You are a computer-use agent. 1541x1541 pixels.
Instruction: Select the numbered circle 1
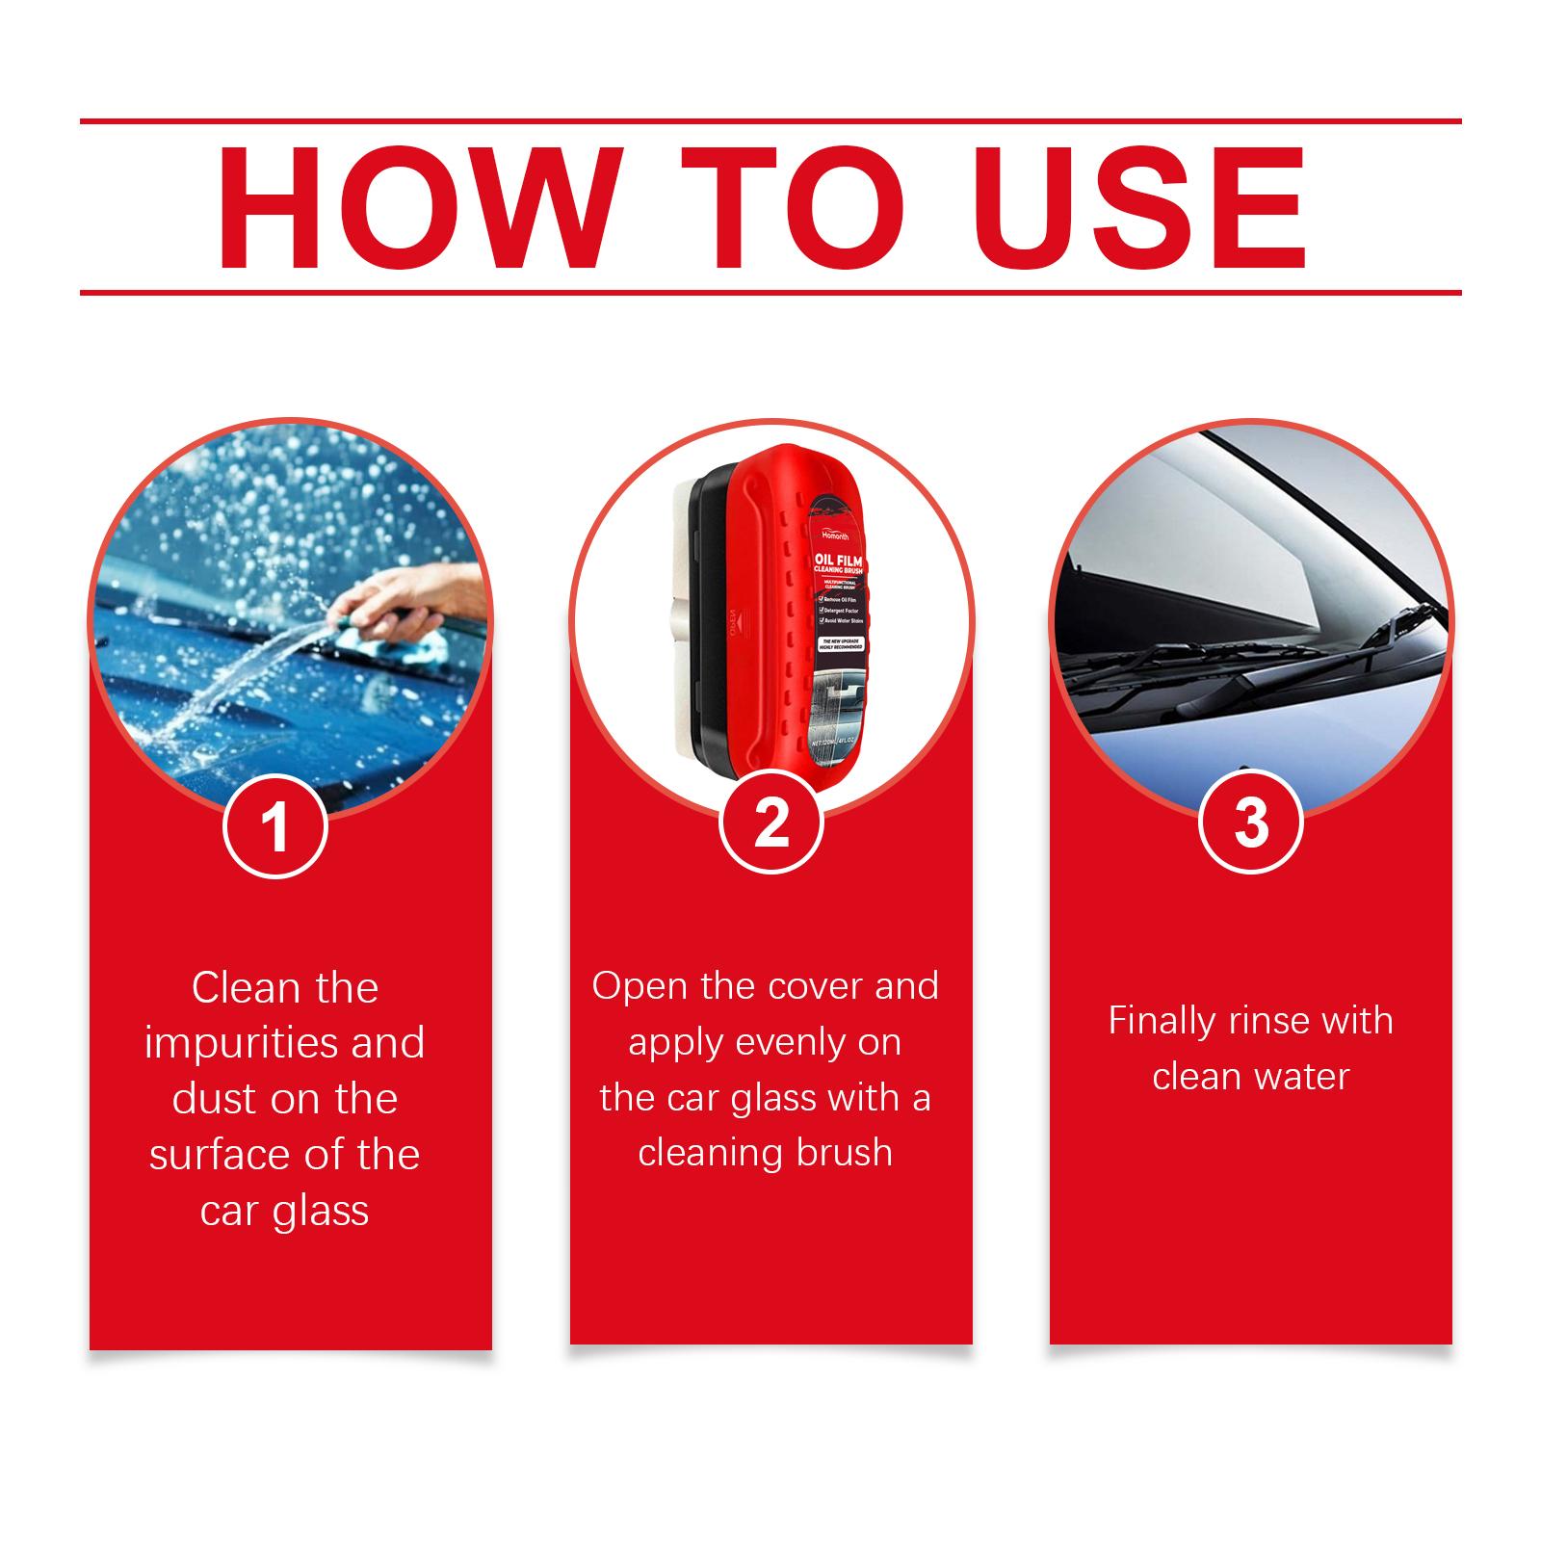[275, 826]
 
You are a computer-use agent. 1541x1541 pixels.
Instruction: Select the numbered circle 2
[771, 823]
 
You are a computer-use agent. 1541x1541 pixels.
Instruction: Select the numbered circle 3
[1250, 823]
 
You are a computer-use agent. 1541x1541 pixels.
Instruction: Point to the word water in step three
[1301, 1077]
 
